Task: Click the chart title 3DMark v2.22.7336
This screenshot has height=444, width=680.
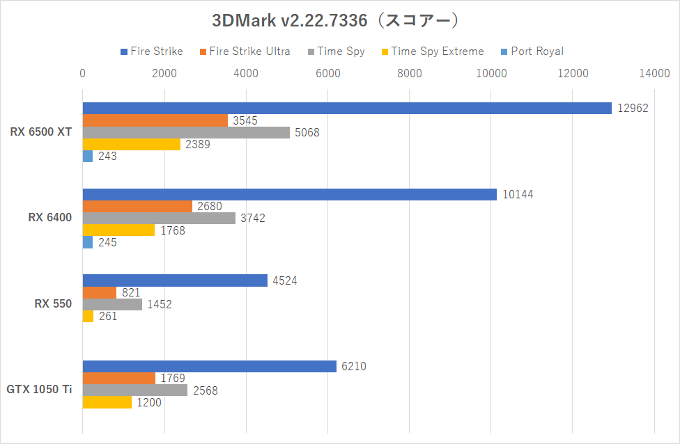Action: (335, 20)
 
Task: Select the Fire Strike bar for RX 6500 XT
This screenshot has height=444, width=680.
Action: (347, 108)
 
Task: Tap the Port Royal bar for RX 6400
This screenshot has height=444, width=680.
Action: (88, 242)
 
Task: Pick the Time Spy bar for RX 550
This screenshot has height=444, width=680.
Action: (112, 304)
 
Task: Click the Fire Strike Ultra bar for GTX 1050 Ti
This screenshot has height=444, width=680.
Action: (119, 378)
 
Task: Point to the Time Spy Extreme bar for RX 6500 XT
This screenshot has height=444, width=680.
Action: (132, 144)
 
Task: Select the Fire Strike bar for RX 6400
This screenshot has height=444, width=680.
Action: (290, 194)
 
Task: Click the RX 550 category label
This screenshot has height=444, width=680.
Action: (53, 303)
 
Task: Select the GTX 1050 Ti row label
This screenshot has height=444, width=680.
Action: (39, 390)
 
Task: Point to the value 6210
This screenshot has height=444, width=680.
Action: (354, 366)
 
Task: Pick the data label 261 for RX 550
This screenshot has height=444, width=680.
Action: (107, 317)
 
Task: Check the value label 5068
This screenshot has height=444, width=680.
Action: (307, 132)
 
